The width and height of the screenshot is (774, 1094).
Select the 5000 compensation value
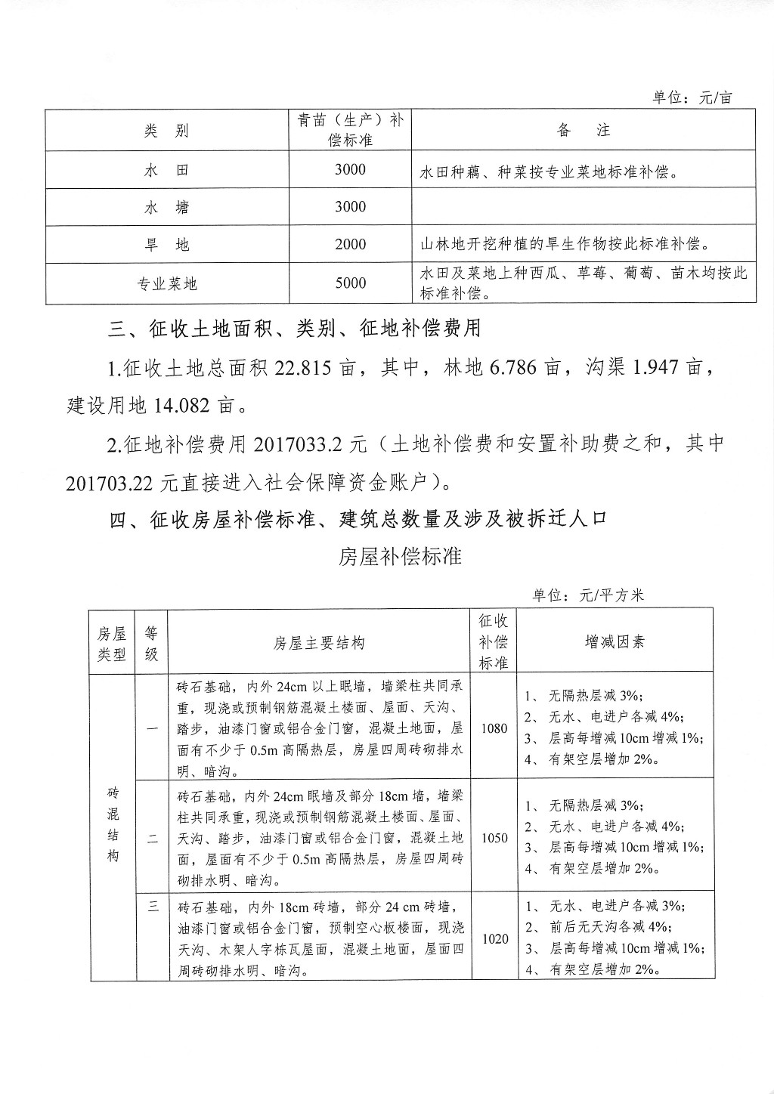[x=350, y=283]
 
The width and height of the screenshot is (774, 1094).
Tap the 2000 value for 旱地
[x=350, y=245]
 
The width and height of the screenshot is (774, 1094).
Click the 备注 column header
[x=583, y=131]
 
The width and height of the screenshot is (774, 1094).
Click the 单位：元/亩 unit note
[x=692, y=97]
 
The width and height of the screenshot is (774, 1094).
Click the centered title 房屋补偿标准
[x=400, y=558]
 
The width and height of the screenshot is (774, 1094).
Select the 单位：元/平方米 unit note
[x=589, y=595]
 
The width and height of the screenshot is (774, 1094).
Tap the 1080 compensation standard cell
[x=494, y=729]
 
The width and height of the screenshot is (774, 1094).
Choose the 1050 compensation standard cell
[x=494, y=838]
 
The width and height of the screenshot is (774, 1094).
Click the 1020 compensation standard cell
[x=494, y=938]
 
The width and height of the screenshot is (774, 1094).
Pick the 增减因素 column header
[x=615, y=642]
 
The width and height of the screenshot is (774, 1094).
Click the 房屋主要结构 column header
[x=319, y=643]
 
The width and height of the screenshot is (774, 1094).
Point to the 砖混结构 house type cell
[x=113, y=825]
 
